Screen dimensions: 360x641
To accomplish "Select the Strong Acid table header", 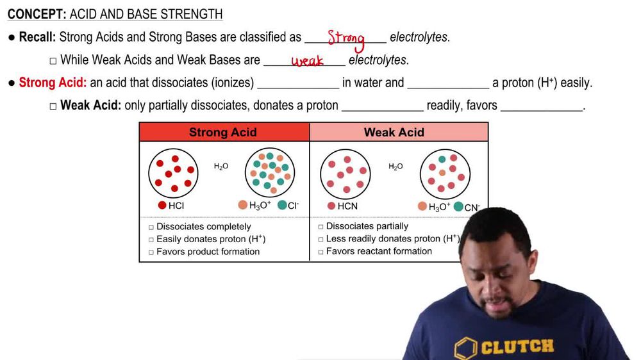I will coord(222,133).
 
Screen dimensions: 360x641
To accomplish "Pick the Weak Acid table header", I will coord(394,133).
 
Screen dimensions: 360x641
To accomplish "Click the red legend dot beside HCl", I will coord(162,206).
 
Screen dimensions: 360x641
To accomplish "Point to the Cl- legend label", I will coord(293,206).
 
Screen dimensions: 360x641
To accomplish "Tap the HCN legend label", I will coord(348,206).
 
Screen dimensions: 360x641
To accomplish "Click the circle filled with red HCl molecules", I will coord(174,172).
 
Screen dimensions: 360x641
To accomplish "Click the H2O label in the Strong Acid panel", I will coord(221,167).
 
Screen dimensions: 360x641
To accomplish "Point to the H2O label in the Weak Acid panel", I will coord(396,167).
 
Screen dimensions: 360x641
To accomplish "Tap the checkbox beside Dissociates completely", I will coord(151,227).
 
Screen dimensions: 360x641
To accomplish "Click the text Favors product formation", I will coord(208,252).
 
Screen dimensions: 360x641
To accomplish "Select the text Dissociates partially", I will coord(367,226).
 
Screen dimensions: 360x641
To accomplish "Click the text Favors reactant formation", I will coord(379,251).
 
